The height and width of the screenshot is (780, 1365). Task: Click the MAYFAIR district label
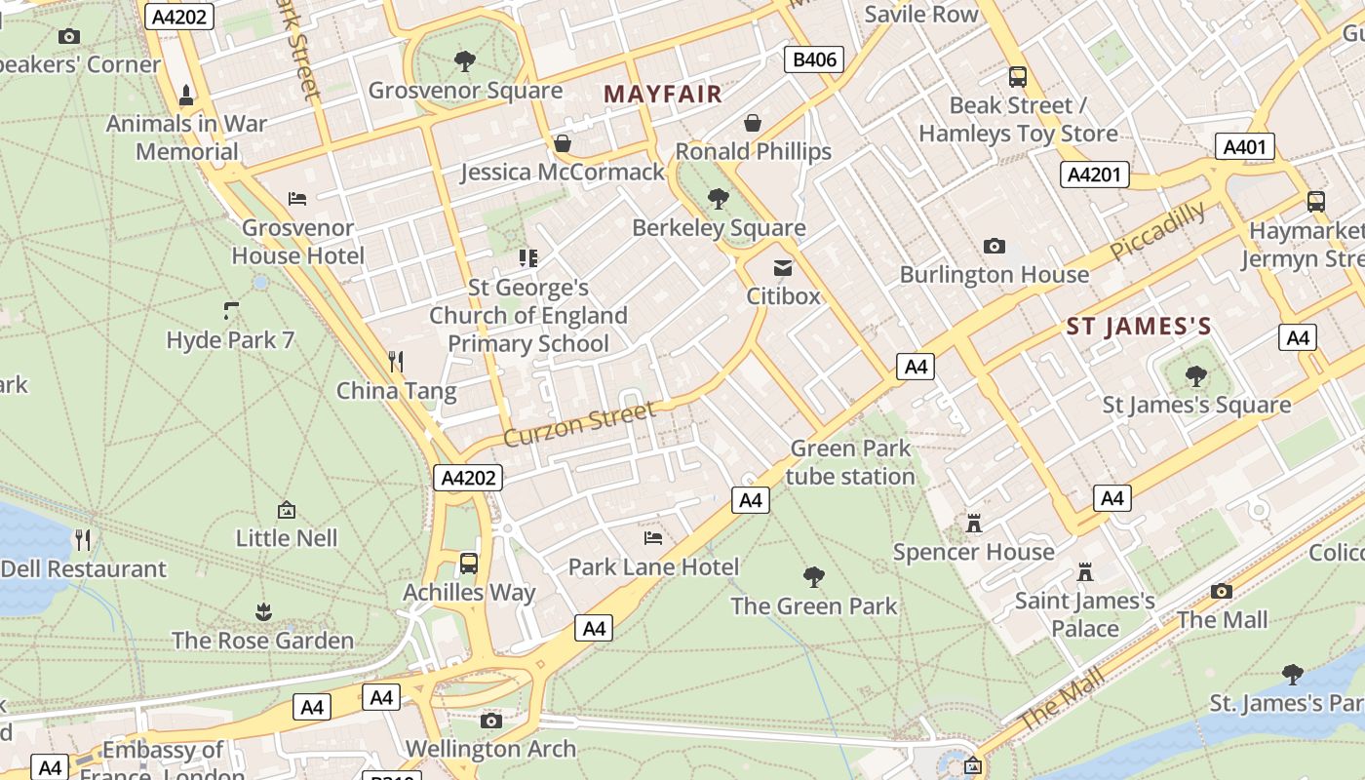(x=663, y=95)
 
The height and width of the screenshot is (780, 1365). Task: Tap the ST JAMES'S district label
(x=1139, y=327)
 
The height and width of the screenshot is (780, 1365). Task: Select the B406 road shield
(x=814, y=59)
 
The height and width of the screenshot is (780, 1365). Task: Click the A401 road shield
(x=1244, y=147)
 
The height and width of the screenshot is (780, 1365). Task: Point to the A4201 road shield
(x=1094, y=175)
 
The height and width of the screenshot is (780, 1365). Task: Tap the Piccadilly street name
(x=1157, y=232)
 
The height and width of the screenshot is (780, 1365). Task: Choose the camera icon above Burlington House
(x=994, y=246)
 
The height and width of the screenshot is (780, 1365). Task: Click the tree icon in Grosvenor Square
(x=465, y=61)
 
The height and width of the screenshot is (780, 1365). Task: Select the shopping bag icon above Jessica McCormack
(x=563, y=143)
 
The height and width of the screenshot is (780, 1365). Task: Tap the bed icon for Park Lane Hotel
(x=653, y=537)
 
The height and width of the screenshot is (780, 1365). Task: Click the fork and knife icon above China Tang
(x=396, y=362)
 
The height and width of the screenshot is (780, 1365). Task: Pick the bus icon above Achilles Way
(x=469, y=563)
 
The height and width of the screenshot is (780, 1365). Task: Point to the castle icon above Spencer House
(x=973, y=524)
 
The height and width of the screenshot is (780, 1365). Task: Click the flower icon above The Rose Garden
(x=263, y=612)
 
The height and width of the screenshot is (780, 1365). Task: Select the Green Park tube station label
(x=850, y=462)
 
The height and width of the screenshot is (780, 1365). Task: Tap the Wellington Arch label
(x=490, y=749)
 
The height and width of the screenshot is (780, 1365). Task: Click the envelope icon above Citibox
(x=783, y=268)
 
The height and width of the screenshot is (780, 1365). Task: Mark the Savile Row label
(x=920, y=14)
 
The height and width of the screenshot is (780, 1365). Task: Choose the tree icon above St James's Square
(x=1196, y=376)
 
